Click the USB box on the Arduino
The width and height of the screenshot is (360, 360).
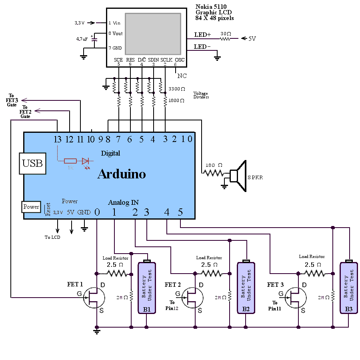click(x=32, y=163)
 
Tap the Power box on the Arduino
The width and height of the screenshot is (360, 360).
click(x=31, y=207)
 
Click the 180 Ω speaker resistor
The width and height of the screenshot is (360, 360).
click(x=213, y=173)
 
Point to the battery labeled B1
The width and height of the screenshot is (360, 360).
click(x=147, y=287)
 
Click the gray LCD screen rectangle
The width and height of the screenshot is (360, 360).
click(x=153, y=34)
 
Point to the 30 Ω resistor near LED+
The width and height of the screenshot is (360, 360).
click(x=226, y=39)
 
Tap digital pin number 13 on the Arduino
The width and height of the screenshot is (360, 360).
click(x=58, y=139)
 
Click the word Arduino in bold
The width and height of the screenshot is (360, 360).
click(x=122, y=174)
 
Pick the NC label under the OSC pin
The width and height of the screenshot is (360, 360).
click(x=182, y=76)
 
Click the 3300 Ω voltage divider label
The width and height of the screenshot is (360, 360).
click(x=177, y=89)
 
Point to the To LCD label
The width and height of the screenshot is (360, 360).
click(x=52, y=237)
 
